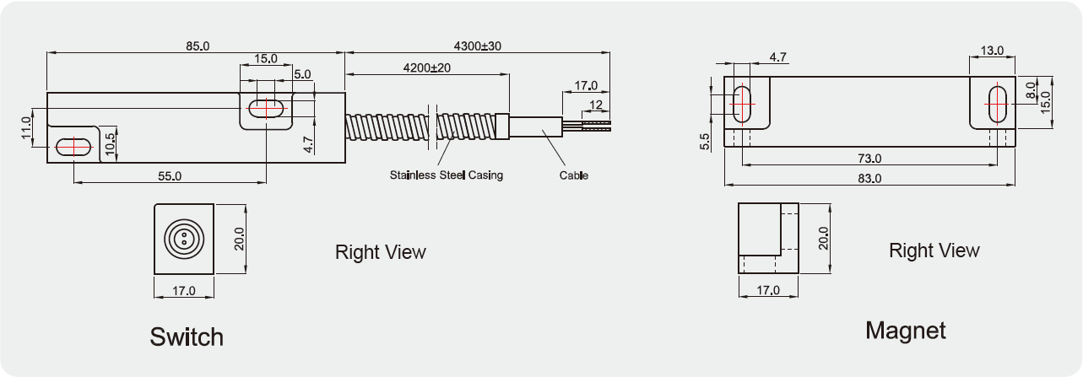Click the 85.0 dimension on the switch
pos(198,46)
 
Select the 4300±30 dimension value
pos(477,46)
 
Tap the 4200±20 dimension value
pos(426,67)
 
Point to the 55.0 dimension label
pos(170,176)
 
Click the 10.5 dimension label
pos(111,144)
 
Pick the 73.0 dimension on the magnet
pos(869,158)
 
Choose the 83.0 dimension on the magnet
pos(869,178)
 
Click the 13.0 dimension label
pos(992,51)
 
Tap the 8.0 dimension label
pos(1031,90)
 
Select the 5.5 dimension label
pos(705,142)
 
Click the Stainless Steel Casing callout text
pos(447,175)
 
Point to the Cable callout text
pos(573,175)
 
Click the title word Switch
pos(187,337)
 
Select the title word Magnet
pos(906,331)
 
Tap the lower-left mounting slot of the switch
pos(74,147)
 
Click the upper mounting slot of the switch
pos(266,108)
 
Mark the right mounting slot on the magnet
pos(998,104)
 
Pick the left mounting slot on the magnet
pos(742,105)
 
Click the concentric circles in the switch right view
pos(184,239)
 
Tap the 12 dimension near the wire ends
pos(596,105)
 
